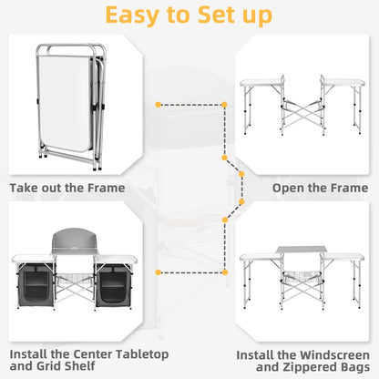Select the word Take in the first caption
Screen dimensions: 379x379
26,189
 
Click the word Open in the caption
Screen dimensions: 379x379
289,189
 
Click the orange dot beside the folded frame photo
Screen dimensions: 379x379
159,105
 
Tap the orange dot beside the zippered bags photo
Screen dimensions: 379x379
159,272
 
